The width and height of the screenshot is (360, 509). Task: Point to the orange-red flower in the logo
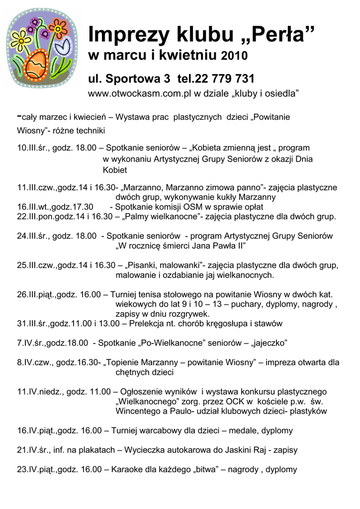point(59,29)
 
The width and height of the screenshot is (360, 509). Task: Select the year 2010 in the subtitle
point(234,55)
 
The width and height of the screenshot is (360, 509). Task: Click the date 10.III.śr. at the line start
point(32,148)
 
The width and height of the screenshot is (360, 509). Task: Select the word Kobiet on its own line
point(115,170)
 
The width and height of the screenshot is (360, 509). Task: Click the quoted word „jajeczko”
point(270,343)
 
